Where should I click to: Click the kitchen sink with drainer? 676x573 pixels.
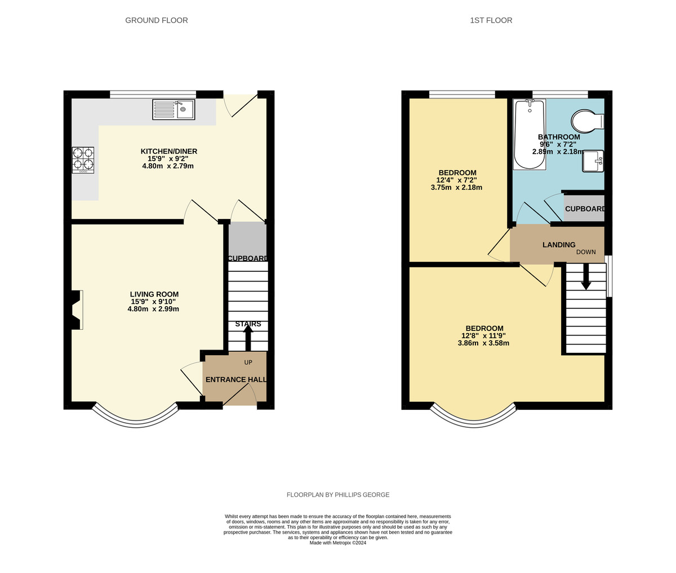coord(174,110)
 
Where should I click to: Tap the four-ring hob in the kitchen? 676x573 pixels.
coord(83,160)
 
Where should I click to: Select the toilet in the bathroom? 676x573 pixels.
coord(588,121)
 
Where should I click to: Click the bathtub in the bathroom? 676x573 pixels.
coord(530,135)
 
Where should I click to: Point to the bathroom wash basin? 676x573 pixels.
coord(593,161)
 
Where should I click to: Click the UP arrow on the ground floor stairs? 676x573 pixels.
coord(248,338)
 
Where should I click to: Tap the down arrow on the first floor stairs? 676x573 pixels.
coord(586,276)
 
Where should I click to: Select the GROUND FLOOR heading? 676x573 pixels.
coord(157,20)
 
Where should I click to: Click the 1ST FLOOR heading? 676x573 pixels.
coord(491,20)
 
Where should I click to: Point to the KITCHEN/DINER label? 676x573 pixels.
coord(169,151)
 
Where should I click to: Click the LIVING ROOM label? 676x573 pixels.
coord(154,294)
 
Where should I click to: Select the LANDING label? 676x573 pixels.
coord(559,245)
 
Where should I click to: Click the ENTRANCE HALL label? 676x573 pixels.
coord(236,379)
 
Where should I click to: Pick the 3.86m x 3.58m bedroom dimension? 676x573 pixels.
coord(483,343)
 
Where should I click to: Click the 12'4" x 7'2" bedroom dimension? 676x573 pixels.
coord(456,180)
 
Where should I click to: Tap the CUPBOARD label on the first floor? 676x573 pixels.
coord(584,209)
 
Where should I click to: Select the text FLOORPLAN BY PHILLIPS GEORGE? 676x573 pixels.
coord(338,495)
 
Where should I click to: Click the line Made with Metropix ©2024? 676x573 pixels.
coord(338,543)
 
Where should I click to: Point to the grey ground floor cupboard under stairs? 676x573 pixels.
coord(247,242)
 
